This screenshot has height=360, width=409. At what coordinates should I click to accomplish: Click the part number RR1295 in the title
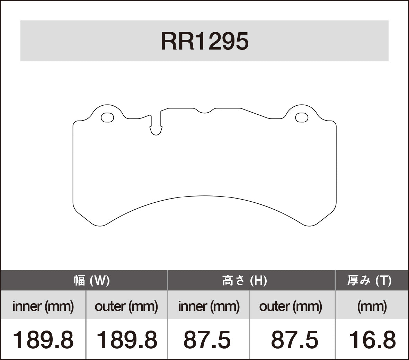point(204,42)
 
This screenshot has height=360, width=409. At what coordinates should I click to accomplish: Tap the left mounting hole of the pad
point(107,118)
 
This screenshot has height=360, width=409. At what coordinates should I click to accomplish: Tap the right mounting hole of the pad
point(302,118)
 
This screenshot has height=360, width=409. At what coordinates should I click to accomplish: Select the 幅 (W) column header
point(92,280)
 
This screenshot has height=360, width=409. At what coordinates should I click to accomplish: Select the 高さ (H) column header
point(244,280)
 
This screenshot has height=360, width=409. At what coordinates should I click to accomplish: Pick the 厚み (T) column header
point(369,280)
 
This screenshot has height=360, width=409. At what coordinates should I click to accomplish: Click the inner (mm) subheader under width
point(43,306)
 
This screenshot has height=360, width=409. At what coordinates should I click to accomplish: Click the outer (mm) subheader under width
point(126,306)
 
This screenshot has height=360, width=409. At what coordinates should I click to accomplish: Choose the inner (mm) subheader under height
point(209,306)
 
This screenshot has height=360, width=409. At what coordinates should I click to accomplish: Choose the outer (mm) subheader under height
point(291,306)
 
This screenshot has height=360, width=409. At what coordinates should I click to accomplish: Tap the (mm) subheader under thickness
point(372,306)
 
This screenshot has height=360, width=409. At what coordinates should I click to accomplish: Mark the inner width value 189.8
point(43,340)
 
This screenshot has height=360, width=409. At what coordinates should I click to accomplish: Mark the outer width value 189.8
point(126,340)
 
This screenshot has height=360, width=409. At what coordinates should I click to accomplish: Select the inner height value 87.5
point(207,340)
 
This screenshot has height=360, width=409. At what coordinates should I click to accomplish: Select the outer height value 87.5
point(294,340)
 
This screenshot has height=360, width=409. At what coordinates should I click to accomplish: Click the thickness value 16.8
point(372,340)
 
